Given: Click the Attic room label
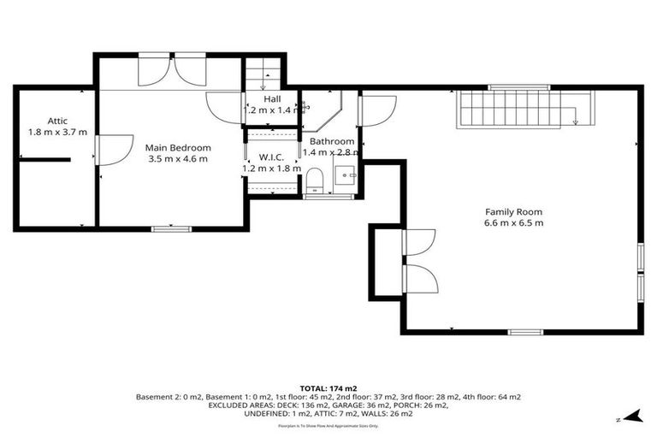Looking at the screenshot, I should click(58, 121).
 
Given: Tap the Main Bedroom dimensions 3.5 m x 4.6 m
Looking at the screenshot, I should click(178, 158).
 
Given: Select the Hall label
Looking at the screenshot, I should click(272, 98).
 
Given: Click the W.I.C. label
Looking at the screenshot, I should click(272, 157).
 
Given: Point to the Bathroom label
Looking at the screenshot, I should click(332, 141).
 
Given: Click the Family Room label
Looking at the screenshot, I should click(513, 211).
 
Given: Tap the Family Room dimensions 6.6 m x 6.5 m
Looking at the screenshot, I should click(513, 223).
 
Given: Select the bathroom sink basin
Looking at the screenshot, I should click(346, 175).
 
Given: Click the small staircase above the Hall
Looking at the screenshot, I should click(263, 72).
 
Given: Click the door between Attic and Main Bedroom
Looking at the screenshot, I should click(109, 151).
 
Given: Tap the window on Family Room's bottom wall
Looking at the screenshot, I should click(525, 332).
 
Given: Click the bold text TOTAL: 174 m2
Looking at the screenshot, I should click(328, 388).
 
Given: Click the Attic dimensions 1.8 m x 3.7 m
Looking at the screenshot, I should click(58, 133).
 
